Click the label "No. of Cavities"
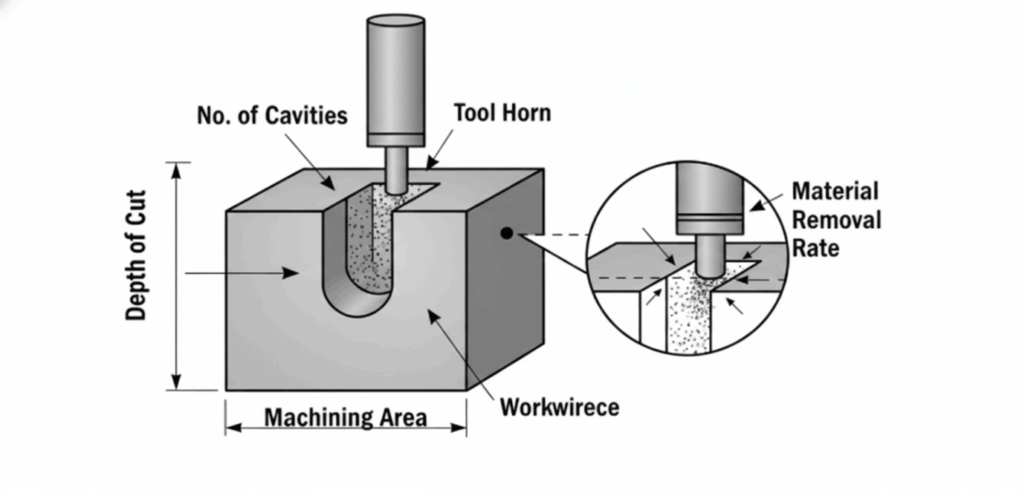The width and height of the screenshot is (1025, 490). pyautogui.click(x=272, y=115)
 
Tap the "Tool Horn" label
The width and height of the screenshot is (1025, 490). pyautogui.click(x=502, y=112)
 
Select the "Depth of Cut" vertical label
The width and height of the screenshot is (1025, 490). pyautogui.click(x=136, y=255)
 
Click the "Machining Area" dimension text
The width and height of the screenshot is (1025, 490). pyautogui.click(x=346, y=417)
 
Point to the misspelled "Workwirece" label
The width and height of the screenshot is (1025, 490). pyautogui.click(x=559, y=407)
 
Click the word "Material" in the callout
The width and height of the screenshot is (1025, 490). pyautogui.click(x=835, y=191)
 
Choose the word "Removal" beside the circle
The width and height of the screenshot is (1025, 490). pyautogui.click(x=836, y=220)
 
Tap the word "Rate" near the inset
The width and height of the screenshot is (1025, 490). pyautogui.click(x=815, y=247)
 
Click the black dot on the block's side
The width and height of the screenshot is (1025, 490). pyautogui.click(x=506, y=233)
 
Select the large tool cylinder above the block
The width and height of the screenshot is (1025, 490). pyautogui.click(x=395, y=78)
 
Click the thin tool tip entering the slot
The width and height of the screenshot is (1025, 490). pyautogui.click(x=395, y=169)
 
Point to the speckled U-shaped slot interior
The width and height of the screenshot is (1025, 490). pyautogui.click(x=369, y=245)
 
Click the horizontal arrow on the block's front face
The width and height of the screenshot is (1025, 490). pyautogui.click(x=242, y=273)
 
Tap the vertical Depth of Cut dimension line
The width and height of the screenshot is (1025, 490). pyautogui.click(x=177, y=275)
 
